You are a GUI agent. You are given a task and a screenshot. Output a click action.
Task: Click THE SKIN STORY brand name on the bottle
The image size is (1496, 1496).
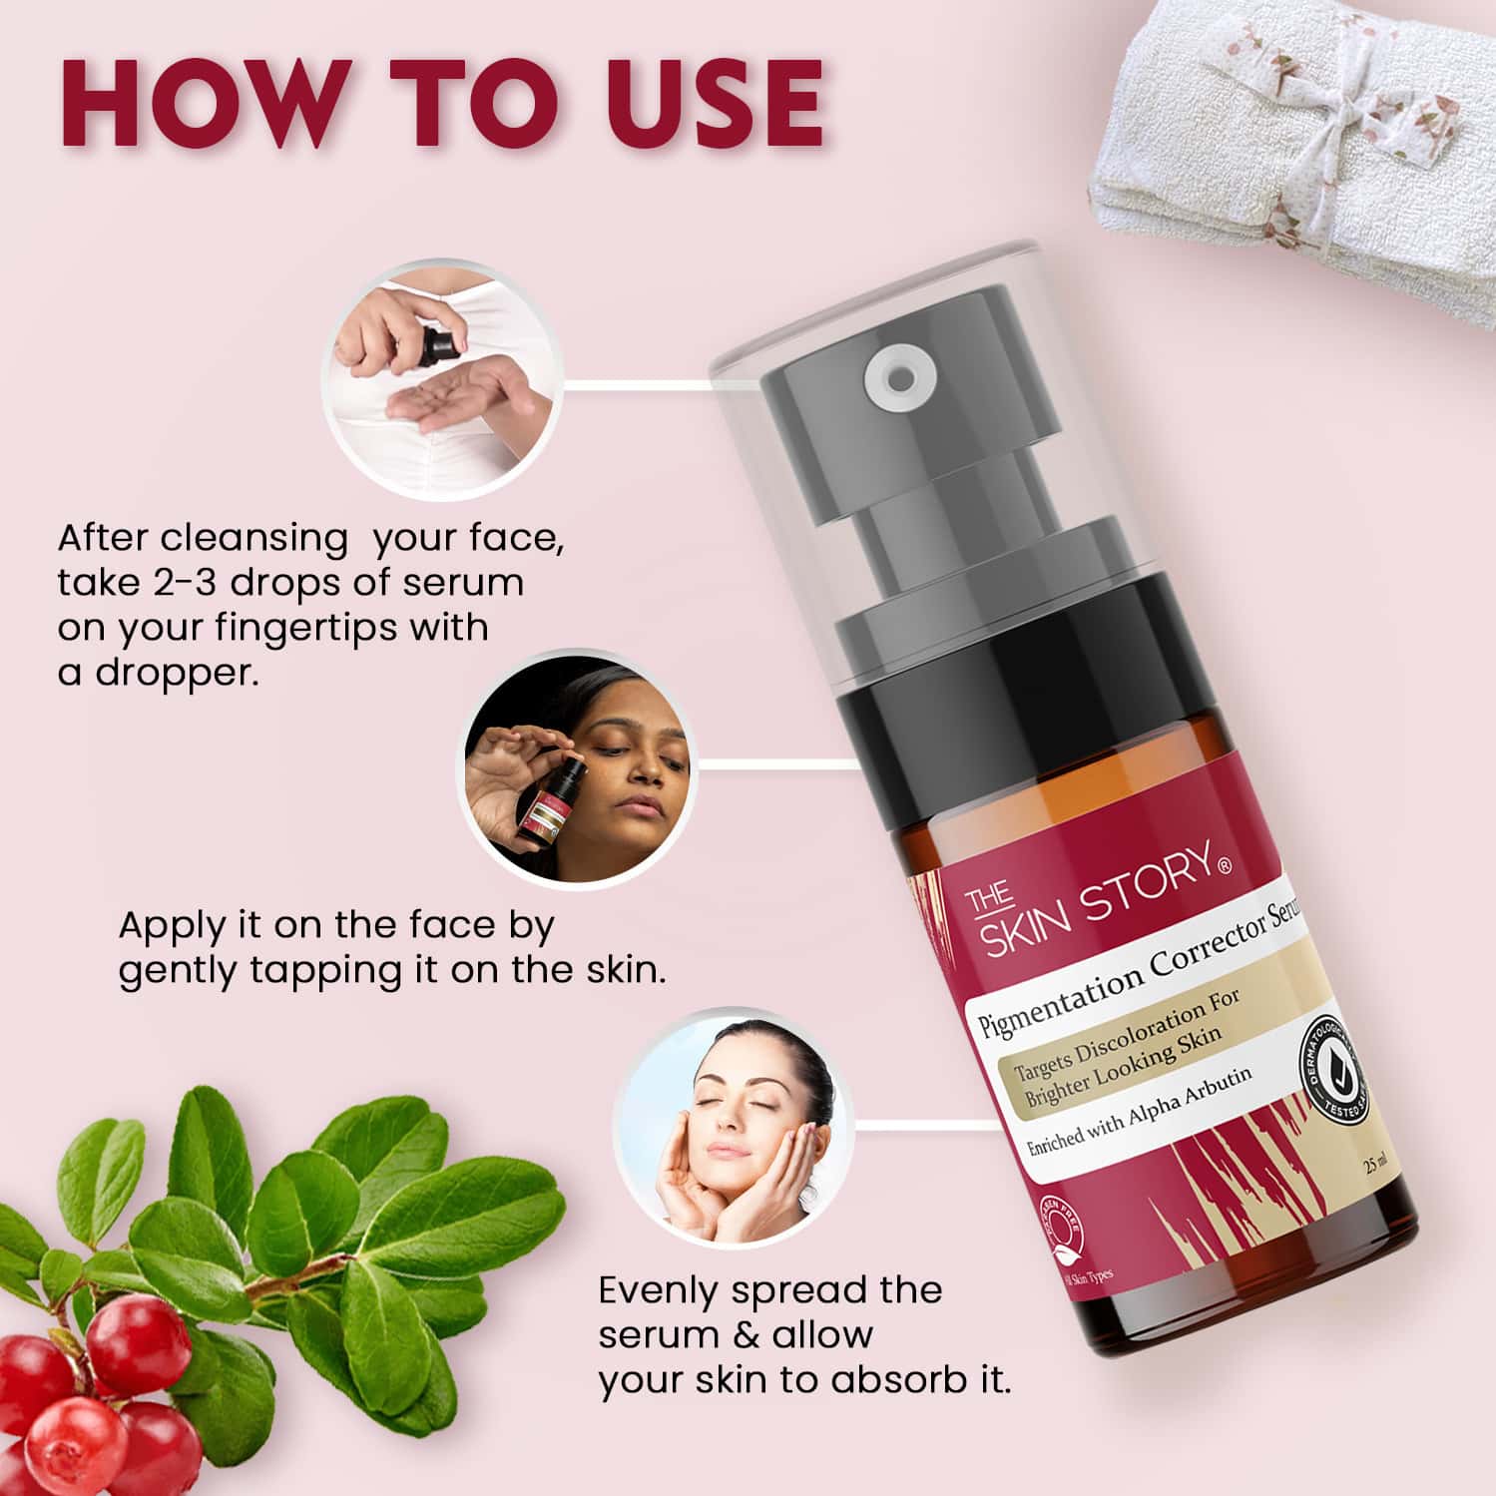point(1093,898)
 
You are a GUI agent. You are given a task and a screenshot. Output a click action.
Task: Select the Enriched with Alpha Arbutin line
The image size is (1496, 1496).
point(1138,1111)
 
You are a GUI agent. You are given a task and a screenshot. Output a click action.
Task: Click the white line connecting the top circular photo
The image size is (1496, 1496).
point(639,382)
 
